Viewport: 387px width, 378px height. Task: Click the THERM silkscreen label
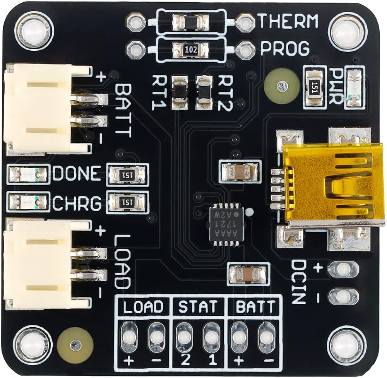pos(288,21)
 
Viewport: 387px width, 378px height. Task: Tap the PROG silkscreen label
pos(284,48)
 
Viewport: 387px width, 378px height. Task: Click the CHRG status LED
pos(27,201)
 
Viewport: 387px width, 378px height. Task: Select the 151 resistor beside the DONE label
pos(127,175)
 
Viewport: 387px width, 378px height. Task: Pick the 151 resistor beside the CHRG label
pos(127,202)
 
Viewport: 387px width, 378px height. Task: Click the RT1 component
pos(180,92)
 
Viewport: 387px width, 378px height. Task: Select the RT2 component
pos(204,92)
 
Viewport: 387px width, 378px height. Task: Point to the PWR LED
pos(355,87)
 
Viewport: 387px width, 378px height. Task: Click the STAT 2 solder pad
pos(183,336)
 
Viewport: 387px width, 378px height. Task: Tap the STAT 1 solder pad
pos(211,336)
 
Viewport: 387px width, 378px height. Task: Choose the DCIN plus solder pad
pos(343,268)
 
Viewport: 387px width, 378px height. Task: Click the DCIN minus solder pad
pos(343,295)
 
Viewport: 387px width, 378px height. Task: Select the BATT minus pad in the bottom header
pos(266,336)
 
